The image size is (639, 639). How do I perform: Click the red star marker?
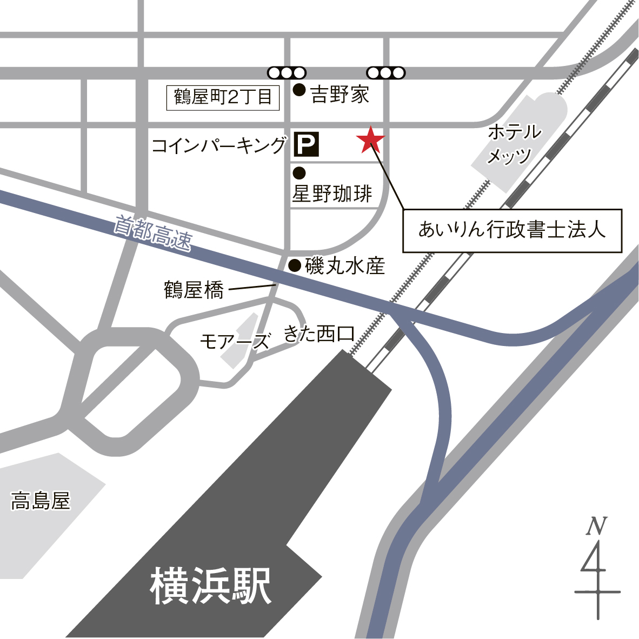[371, 141]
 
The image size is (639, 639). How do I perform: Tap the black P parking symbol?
[306, 144]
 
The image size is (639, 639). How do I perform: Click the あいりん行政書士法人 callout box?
[512, 230]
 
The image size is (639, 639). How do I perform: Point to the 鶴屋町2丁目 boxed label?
[223, 98]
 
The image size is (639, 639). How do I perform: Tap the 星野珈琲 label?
[332, 194]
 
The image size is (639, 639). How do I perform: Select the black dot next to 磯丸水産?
[295, 265]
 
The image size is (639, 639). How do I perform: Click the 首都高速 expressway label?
[152, 234]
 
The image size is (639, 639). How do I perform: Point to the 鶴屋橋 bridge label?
[194, 290]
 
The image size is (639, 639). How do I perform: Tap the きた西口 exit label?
[319, 334]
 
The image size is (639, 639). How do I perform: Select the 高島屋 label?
[41, 501]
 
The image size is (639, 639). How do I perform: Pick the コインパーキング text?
[219, 145]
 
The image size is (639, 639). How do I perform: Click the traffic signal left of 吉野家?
[287, 72]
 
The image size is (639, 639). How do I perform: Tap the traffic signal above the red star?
[385, 72]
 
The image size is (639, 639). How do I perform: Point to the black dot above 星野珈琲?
[299, 173]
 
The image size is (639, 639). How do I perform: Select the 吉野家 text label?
[340, 95]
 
